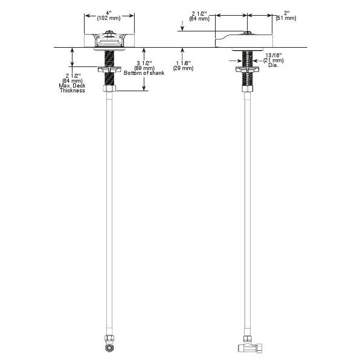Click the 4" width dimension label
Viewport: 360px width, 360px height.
(109, 13)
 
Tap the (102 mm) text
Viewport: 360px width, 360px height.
(109, 18)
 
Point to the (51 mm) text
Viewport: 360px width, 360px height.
(286, 18)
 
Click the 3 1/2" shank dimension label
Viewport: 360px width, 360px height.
(144, 63)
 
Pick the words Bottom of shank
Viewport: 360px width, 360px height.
(144, 73)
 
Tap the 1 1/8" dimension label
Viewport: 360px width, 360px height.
(183, 63)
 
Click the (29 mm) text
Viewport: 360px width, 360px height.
(183, 68)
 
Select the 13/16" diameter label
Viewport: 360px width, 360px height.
(274, 56)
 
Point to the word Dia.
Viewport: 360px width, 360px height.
(273, 65)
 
